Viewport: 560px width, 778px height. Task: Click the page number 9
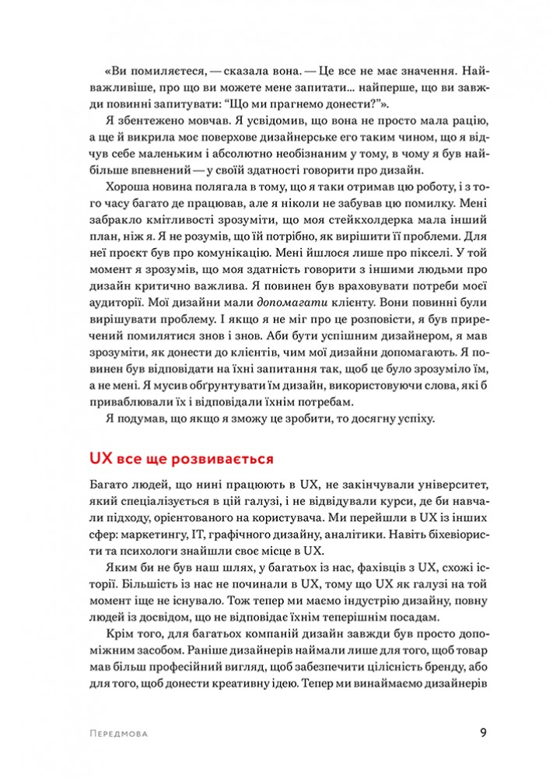[483, 732]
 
